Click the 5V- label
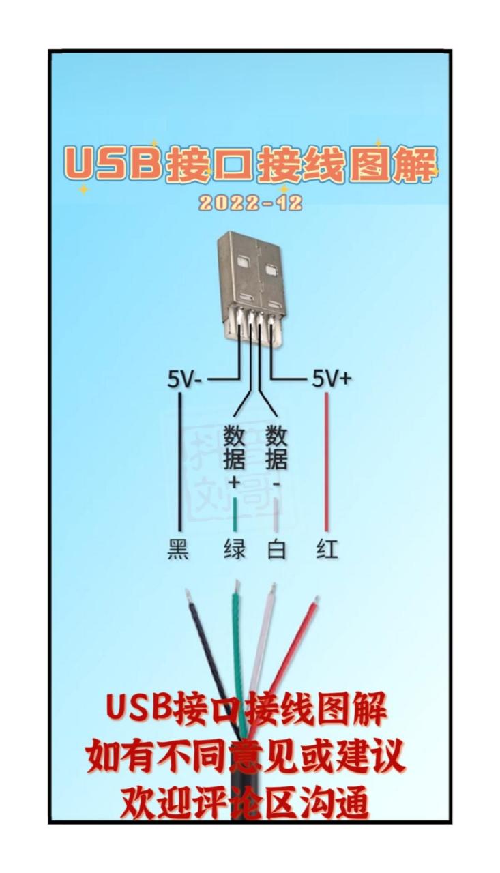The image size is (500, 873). (x=184, y=379)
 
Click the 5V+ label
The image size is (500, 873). (x=332, y=379)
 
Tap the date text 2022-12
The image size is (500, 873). (x=251, y=203)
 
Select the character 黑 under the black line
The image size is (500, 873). (x=178, y=549)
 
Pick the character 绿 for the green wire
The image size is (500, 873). (x=234, y=549)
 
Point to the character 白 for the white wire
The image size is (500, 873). (x=276, y=549)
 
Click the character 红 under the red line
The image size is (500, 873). (x=327, y=549)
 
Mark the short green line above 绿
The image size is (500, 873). (x=235, y=515)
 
